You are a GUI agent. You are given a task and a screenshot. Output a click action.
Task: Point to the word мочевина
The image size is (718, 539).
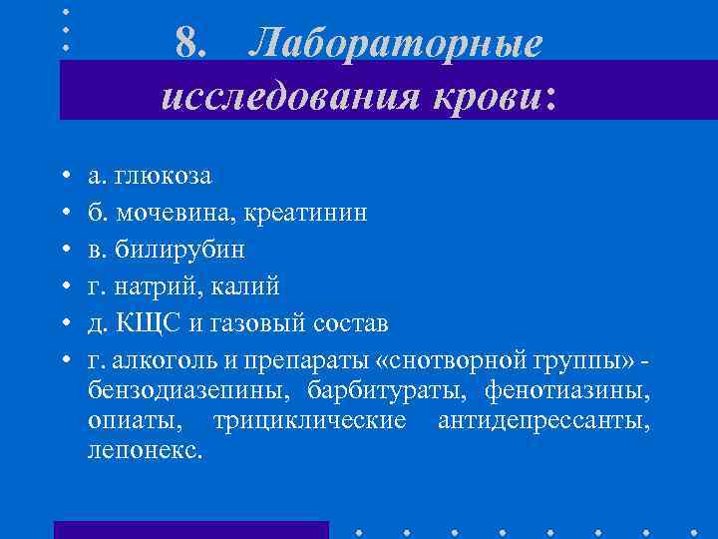pos(167,213)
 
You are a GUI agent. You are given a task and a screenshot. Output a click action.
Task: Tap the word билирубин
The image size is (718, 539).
pos(179,250)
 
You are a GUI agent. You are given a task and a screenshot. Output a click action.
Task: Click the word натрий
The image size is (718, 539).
pos(158,286)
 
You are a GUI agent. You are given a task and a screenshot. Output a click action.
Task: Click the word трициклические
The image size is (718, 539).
pos(310,420)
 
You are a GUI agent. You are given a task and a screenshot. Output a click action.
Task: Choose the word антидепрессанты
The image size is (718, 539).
pos(544,420)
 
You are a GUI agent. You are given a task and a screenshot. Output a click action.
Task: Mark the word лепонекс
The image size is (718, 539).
pos(143,450)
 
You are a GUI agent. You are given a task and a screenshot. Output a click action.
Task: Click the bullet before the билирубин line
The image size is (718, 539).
pos(63,250)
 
